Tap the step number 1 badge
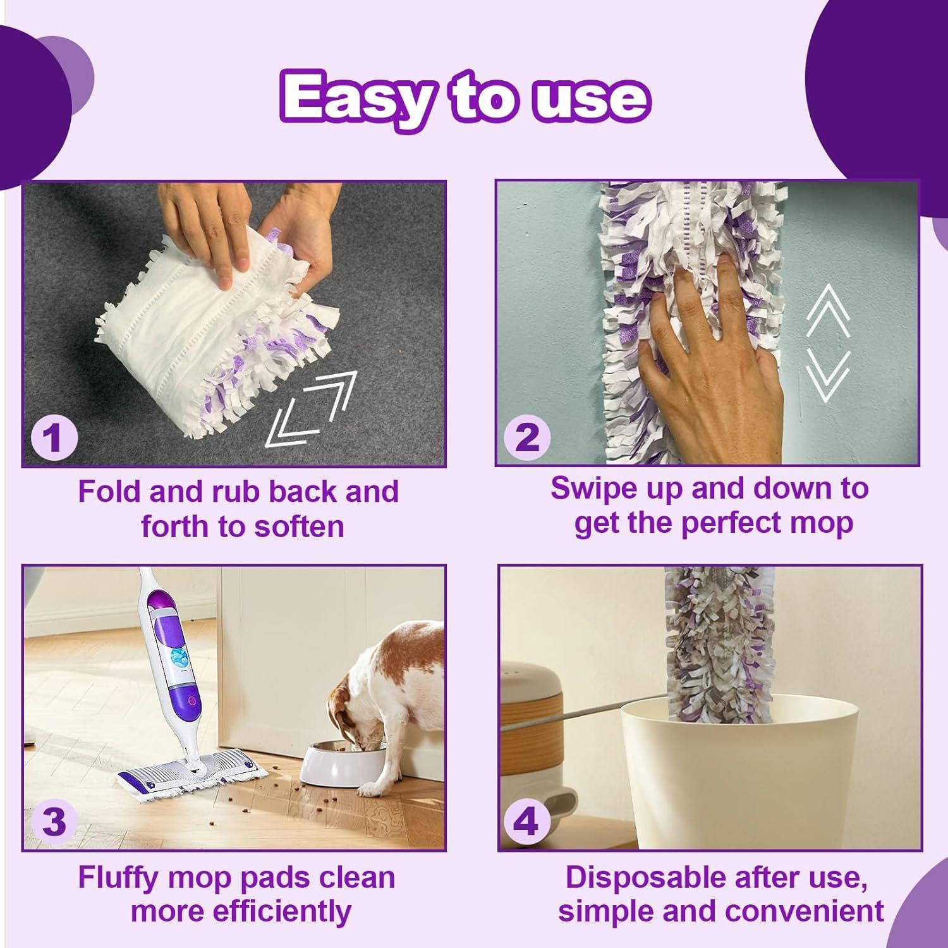click(x=53, y=437)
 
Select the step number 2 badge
click(x=527, y=437)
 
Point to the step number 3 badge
click(x=53, y=822)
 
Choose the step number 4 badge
click(x=527, y=822)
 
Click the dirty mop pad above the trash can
click(x=715, y=638)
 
